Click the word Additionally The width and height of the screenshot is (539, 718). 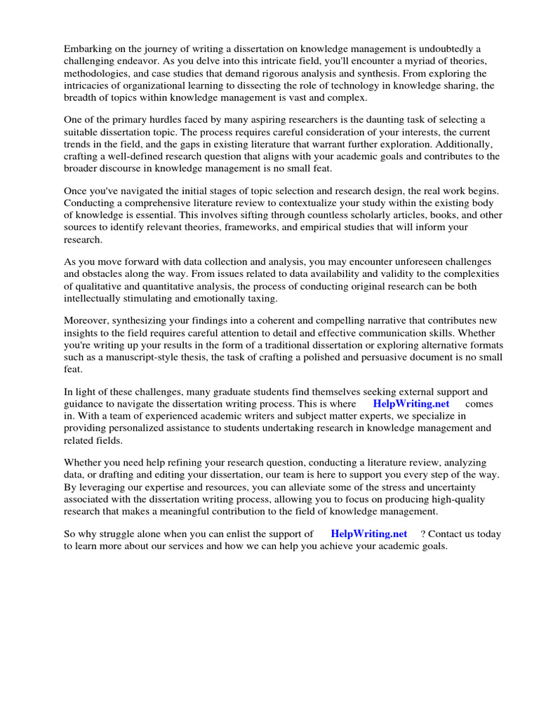[460, 145]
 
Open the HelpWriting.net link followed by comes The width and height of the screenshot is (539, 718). [411, 404]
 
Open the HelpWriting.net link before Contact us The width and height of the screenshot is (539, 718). [368, 534]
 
